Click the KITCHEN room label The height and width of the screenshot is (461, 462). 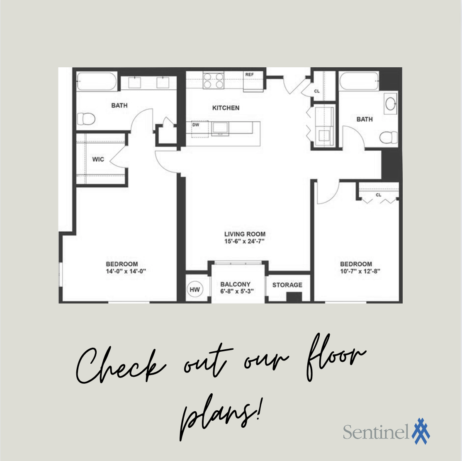226,108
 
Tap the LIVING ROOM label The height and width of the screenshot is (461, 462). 245,234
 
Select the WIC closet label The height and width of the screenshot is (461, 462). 98,159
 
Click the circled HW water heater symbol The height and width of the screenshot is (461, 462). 195,289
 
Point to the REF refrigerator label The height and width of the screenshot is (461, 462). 249,75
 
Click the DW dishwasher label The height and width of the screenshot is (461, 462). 196,125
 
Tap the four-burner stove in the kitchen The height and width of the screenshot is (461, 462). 213,81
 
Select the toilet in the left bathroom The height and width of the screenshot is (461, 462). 86,119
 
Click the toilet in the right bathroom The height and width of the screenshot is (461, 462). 389,138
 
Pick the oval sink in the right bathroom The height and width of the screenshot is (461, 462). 391,103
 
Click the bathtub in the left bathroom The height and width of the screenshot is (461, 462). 97,81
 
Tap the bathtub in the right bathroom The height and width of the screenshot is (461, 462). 359,81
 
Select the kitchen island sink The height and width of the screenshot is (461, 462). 220,128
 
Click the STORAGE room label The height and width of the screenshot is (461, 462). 287,285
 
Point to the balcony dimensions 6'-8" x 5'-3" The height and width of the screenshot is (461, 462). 237,291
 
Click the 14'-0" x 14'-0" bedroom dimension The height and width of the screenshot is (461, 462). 126,271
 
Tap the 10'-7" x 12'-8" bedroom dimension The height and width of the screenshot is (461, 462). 360,271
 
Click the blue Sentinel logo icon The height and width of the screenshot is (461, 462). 421,431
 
